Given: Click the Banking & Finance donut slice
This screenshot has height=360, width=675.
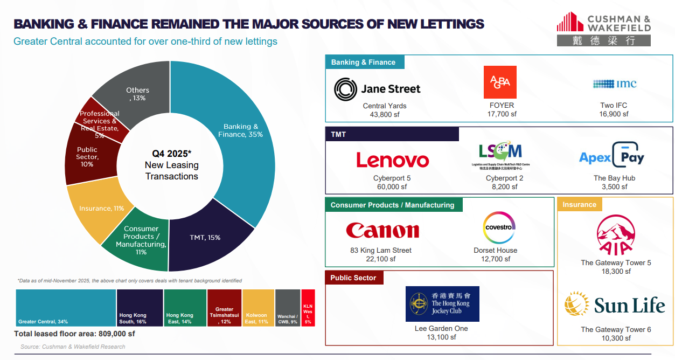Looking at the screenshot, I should (x=237, y=135).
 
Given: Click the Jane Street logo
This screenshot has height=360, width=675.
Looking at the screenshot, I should (x=377, y=88).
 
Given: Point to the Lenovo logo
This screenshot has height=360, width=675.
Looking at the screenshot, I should (x=393, y=160).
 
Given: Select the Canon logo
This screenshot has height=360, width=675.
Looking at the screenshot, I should (x=382, y=231).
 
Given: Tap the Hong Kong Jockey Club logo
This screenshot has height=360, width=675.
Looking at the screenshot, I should (x=442, y=304).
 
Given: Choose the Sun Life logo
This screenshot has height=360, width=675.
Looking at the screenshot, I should (x=615, y=304).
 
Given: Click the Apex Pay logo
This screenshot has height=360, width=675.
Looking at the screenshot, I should (x=611, y=156).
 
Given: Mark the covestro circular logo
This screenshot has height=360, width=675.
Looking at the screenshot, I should (x=499, y=227).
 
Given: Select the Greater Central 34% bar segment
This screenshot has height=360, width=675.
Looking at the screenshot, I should (x=66, y=308).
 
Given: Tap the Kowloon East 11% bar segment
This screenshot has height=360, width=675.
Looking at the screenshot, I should (x=258, y=308).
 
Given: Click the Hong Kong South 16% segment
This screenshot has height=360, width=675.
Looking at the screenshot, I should (x=140, y=308).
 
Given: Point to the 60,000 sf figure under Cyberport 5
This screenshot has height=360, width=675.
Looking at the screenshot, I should (x=393, y=186).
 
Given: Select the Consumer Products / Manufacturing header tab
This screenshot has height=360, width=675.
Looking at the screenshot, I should (x=393, y=205).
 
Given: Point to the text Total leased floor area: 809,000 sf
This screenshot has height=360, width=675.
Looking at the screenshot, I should (x=74, y=334).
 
